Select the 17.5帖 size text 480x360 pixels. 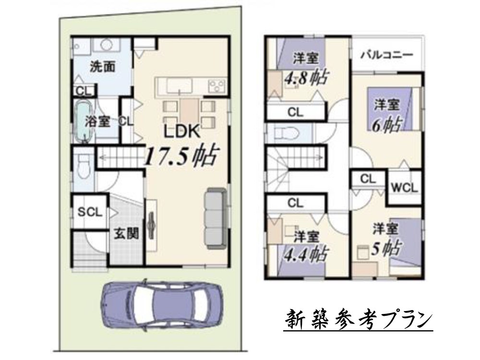pyautogui.click(x=182, y=155)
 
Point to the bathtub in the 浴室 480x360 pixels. pyautogui.click(x=83, y=121)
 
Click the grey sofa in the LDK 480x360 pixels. pyautogui.click(x=216, y=218)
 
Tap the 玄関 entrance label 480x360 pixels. pyautogui.click(x=126, y=234)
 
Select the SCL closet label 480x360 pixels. pyautogui.click(x=90, y=212)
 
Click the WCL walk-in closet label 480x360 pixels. pyautogui.click(x=404, y=187)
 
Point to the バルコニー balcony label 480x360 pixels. pyautogui.click(x=387, y=55)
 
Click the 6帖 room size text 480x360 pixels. pyautogui.click(x=386, y=125)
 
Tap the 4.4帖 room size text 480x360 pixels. pyautogui.click(x=306, y=253)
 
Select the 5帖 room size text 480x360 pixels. pyautogui.click(x=385, y=248)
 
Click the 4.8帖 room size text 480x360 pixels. pyautogui.click(x=306, y=78)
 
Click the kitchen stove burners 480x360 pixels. pyautogui.click(x=217, y=86)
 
